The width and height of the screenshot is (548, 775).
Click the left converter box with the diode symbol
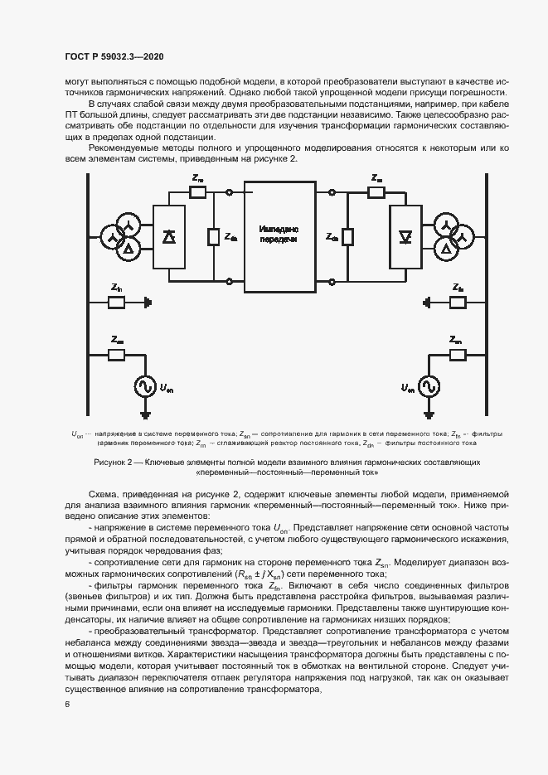click(x=169, y=237)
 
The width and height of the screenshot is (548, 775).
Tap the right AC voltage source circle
click(x=429, y=386)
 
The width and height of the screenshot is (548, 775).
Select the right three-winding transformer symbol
click(x=452, y=238)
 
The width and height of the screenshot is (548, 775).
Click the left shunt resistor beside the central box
click(x=213, y=237)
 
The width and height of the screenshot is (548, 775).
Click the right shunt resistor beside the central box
click(x=347, y=237)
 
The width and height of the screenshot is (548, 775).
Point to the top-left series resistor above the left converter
click(x=197, y=192)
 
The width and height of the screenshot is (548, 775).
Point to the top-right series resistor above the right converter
click(x=377, y=192)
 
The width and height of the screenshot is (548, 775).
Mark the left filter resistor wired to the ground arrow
click(x=118, y=303)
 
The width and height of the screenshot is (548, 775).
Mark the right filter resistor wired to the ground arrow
click(x=457, y=303)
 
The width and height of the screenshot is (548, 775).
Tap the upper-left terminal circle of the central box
click(x=229, y=192)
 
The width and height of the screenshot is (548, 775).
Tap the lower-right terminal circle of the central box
click(x=331, y=282)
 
